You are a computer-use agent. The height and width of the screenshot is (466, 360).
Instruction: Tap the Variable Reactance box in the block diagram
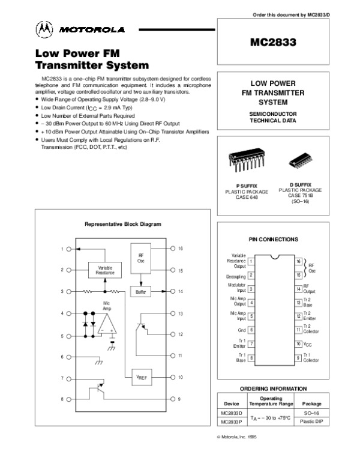[105, 270]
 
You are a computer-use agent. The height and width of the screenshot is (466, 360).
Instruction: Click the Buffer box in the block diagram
[140, 291]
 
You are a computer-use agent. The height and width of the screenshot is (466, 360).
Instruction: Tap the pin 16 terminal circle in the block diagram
[173, 248]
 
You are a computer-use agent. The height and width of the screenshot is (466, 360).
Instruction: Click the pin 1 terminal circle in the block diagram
[70, 248]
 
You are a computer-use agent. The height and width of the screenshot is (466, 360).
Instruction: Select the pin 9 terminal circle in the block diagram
[173, 399]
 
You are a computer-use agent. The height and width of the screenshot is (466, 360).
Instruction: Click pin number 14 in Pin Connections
[298, 289]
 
